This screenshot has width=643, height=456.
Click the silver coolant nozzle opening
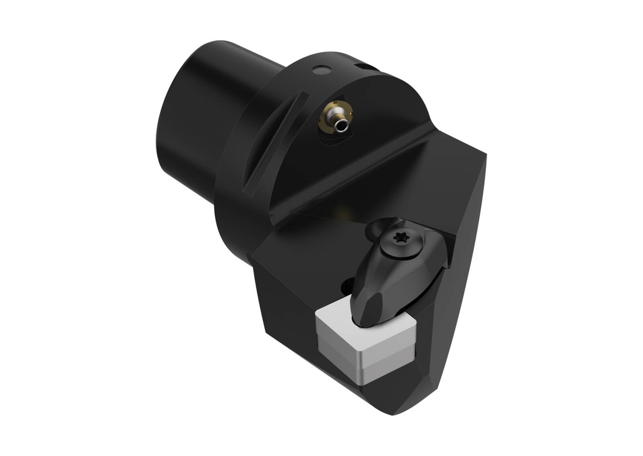pos(341,125)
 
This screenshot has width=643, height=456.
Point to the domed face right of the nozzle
pos(389,107)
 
